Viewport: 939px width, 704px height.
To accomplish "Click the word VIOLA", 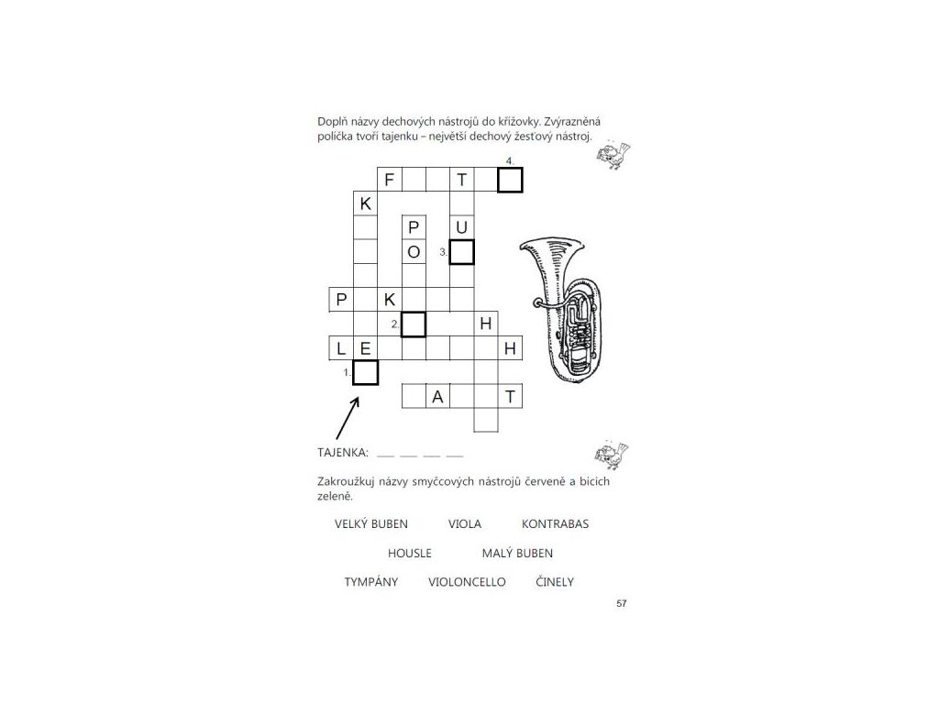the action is [465, 524].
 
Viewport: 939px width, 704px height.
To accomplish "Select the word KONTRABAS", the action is [555, 524].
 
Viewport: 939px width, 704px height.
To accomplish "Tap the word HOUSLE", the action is [409, 554].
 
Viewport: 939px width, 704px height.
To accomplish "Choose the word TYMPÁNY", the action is [371, 582].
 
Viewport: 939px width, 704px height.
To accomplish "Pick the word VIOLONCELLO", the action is [467, 582].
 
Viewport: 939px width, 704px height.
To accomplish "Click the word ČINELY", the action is [555, 582].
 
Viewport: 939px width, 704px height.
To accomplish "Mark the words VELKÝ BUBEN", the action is [371, 524].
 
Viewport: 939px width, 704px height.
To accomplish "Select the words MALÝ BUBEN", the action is [517, 554].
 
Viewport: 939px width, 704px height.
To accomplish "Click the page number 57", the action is [622, 603].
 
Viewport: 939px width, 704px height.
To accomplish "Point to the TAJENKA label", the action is [343, 453].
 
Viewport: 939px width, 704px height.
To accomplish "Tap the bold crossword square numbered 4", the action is [510, 180].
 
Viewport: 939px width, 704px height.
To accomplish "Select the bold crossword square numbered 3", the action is [462, 251].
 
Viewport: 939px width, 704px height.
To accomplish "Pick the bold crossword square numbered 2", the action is [414, 324].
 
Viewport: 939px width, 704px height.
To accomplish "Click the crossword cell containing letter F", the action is [390, 180].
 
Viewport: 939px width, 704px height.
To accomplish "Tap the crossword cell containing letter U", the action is [462, 227].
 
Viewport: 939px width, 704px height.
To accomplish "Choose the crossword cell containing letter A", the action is [438, 396].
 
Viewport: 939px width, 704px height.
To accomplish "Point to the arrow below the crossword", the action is [348, 417].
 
